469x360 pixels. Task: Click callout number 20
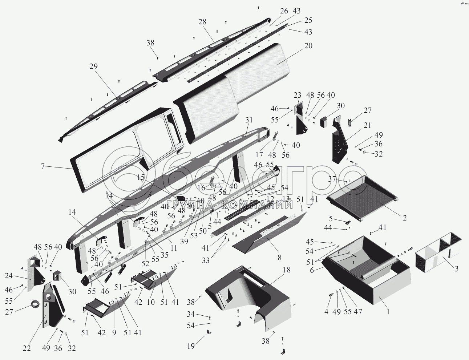pos(308,46)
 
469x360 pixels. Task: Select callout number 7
pos(43,166)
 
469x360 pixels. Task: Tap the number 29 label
pos(94,67)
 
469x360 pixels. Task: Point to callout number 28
pos(202,22)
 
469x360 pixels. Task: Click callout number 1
pos(388,311)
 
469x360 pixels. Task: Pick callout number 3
pos(456,269)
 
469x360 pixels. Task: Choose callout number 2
pos(404,218)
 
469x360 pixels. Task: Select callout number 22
pos(27,348)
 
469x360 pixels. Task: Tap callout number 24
pos(9,276)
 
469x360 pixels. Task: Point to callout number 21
pos(368,125)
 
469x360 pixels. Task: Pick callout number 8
pos(279,258)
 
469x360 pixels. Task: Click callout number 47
pos(358,311)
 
